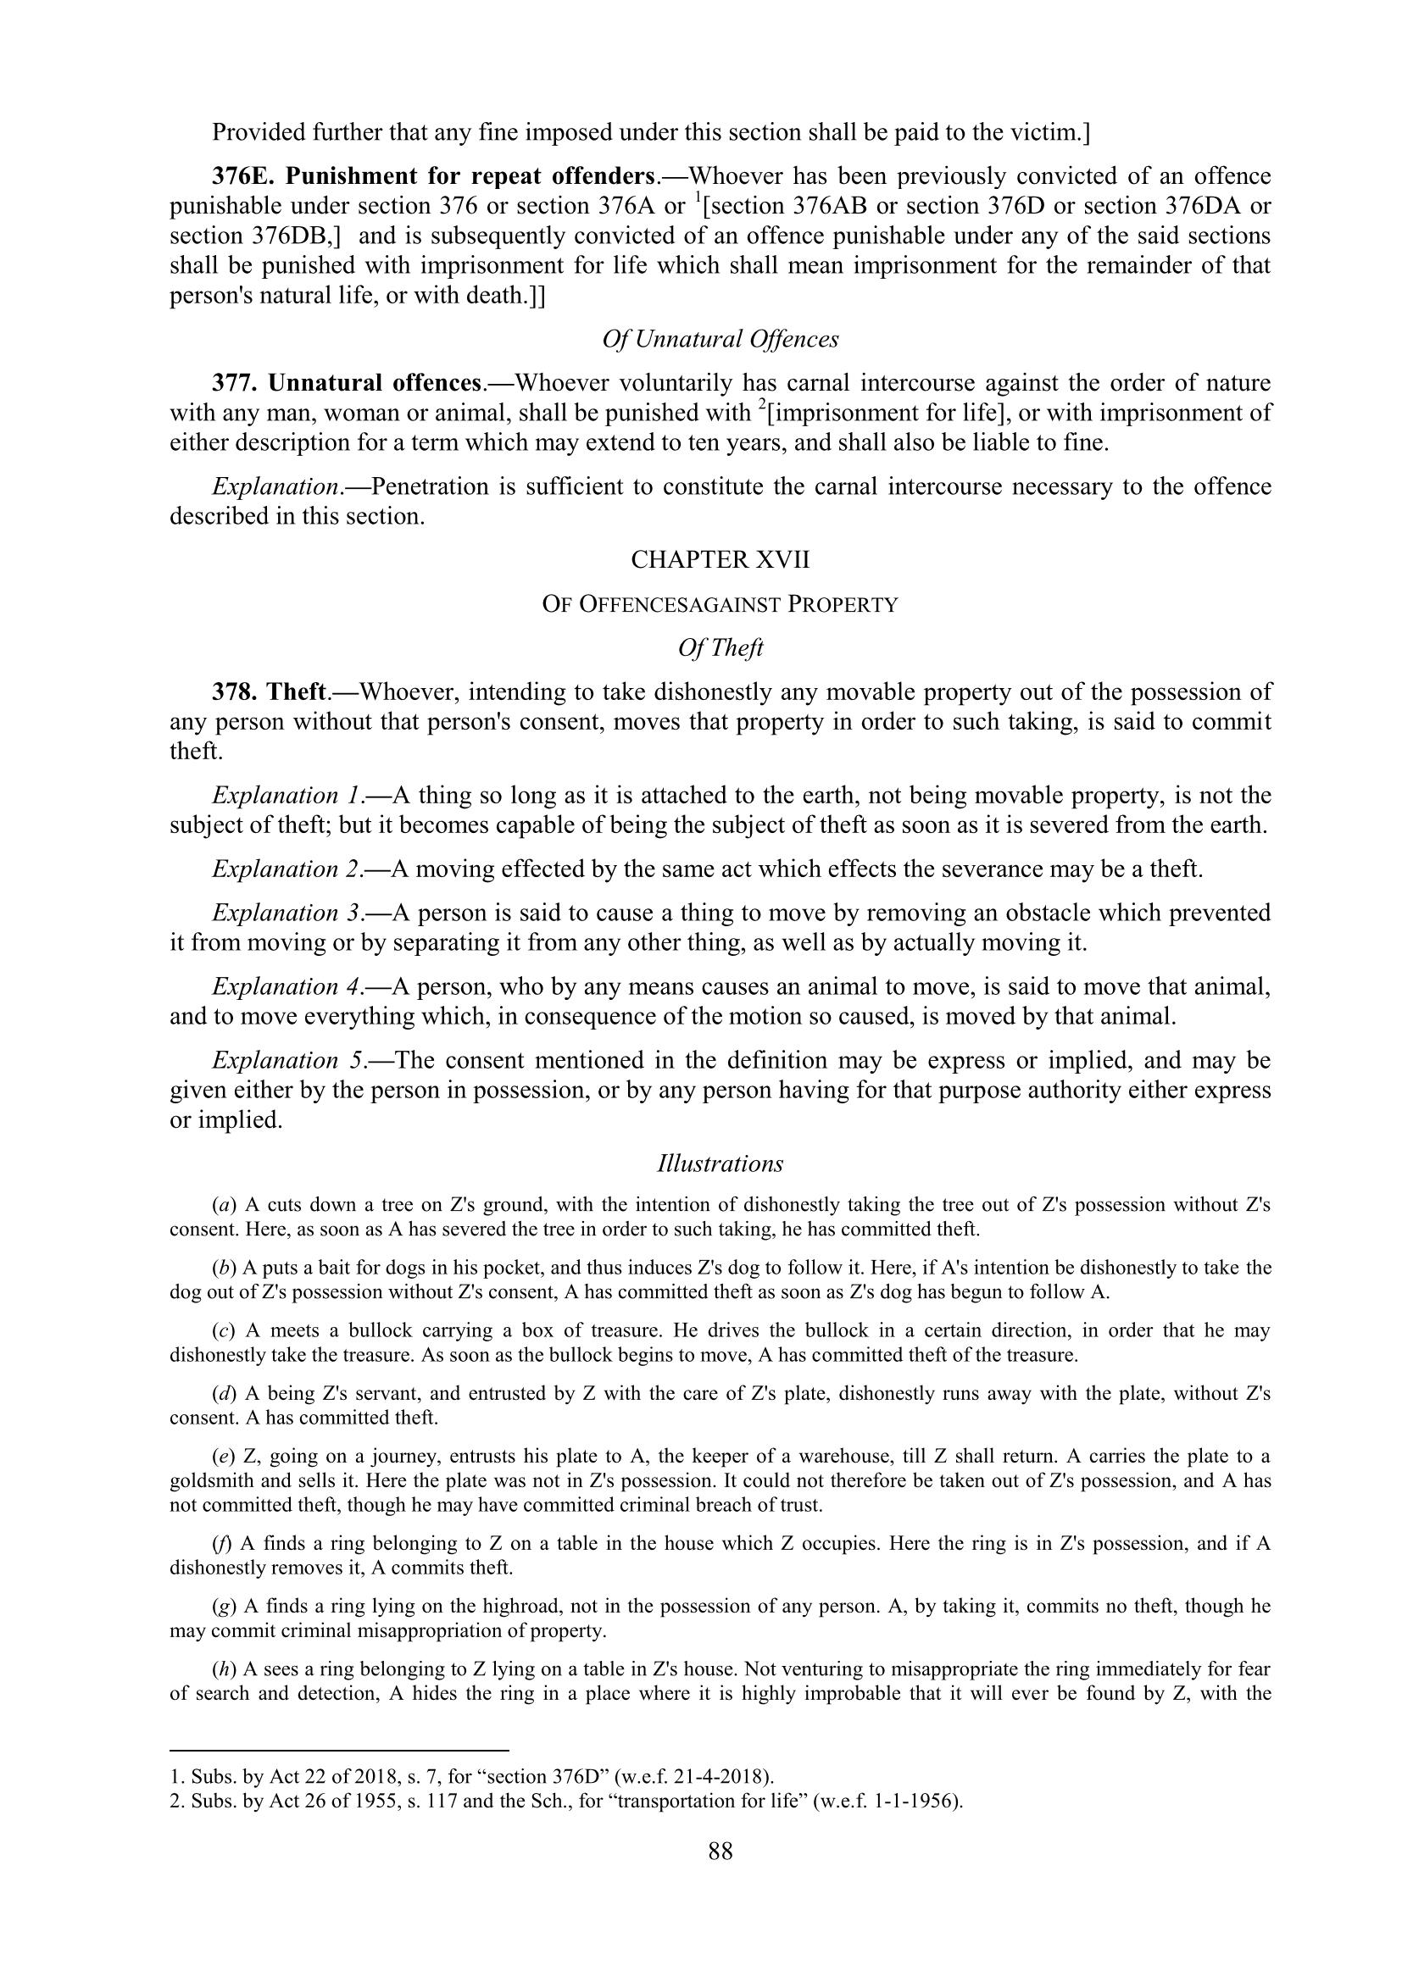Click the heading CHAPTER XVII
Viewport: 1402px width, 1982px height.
720,560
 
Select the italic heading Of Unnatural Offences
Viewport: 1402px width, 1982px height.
720,339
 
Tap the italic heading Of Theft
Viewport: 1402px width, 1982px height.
720,647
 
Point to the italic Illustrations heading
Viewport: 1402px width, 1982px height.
720,1163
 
